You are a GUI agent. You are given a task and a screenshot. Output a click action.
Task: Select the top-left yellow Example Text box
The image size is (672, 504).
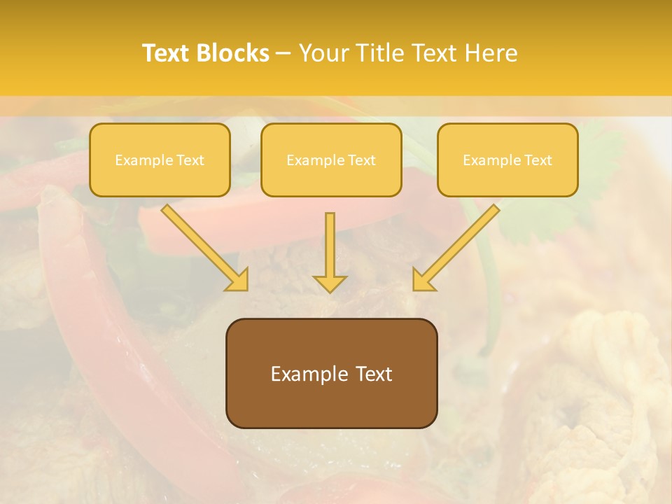point(160,160)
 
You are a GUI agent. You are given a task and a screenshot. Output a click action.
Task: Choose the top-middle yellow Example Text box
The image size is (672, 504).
point(331,160)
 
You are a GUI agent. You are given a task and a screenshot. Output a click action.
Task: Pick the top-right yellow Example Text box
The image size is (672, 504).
point(507,160)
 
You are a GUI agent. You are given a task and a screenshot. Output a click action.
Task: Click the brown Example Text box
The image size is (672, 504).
point(331,373)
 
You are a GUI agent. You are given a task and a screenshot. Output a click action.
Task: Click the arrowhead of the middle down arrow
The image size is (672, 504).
point(330,283)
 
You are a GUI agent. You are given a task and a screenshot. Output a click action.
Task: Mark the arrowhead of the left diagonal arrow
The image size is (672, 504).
point(238,279)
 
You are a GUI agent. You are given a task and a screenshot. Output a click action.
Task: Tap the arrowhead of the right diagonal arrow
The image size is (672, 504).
point(423,279)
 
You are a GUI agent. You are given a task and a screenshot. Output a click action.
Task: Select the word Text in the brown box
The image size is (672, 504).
point(373,374)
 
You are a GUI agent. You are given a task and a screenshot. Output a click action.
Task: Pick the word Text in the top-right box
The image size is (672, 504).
point(538,160)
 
